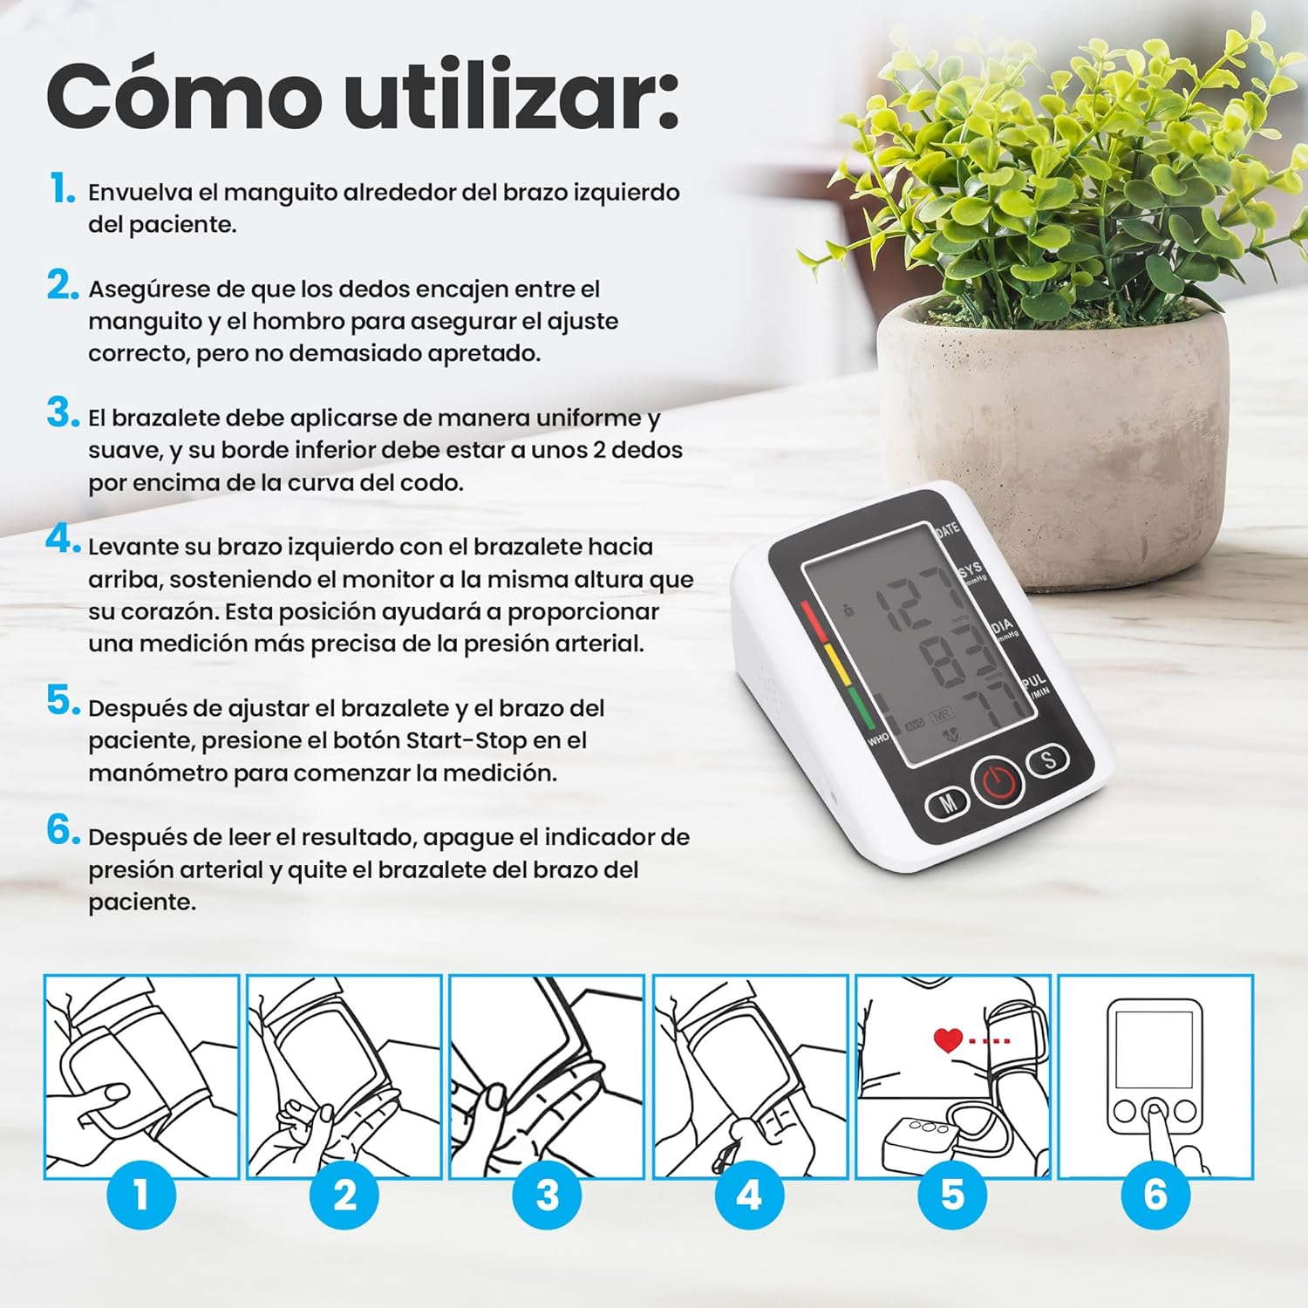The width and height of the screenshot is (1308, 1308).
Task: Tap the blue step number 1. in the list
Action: coord(63,188)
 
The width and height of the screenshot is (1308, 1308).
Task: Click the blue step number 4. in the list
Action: coord(63,541)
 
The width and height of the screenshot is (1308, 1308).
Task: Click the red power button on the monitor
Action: coord(998,780)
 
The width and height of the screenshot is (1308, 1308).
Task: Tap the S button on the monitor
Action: coord(1049,759)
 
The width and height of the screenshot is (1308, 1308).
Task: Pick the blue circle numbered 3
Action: coord(547,1195)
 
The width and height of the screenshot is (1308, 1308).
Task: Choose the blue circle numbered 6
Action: coord(1155,1195)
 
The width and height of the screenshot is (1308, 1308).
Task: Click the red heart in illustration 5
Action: coord(948,1039)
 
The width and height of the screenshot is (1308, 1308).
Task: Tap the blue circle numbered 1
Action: coord(141,1195)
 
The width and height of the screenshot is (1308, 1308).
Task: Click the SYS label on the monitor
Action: coord(971,569)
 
